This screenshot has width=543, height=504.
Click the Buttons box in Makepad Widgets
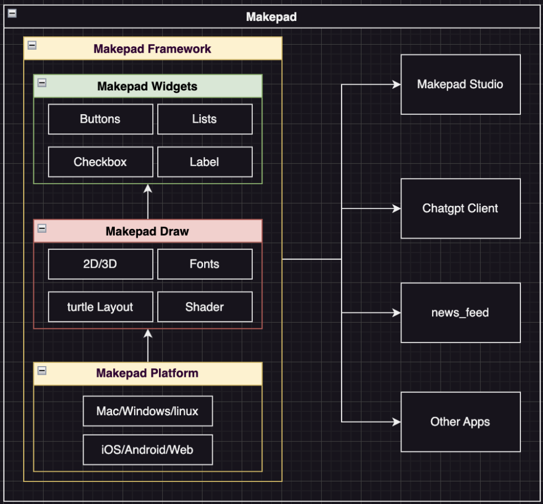tap(100, 119)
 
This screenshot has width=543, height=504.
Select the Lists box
tap(204, 119)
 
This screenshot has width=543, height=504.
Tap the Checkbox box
tap(100, 162)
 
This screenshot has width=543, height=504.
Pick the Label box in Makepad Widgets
tap(204, 162)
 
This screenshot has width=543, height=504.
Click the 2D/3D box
tap(100, 264)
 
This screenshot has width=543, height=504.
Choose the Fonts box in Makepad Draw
tap(204, 264)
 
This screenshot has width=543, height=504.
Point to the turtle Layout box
tap(100, 307)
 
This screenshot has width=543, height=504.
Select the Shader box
tap(204, 307)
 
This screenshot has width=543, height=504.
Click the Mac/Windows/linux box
tap(148, 411)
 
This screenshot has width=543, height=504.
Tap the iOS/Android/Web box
tap(148, 450)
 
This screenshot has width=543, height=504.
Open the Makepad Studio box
tap(460, 85)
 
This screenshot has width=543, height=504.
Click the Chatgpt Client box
tap(460, 208)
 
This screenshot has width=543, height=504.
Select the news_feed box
tap(460, 312)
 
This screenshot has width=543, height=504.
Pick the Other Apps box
tap(460, 422)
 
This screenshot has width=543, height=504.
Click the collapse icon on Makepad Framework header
tap(32, 45)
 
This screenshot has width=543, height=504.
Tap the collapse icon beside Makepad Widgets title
tap(42, 83)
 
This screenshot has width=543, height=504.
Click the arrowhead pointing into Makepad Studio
tap(397, 85)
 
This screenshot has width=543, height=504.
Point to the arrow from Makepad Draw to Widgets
tap(148, 202)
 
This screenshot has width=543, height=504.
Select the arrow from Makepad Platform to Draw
tap(148, 345)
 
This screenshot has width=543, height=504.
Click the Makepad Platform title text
tap(147, 373)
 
